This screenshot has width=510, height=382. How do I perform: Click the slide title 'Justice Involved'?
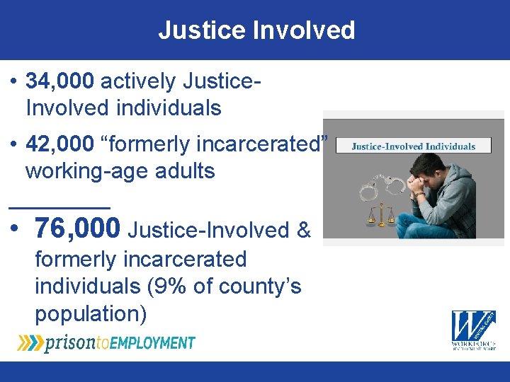256,30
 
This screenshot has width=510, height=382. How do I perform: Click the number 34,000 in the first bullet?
59,81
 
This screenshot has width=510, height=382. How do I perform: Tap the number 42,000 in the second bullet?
59,144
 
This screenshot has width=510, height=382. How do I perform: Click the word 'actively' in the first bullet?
138,81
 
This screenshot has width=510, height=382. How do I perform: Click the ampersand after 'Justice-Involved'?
304,230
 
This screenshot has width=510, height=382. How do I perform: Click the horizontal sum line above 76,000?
59,207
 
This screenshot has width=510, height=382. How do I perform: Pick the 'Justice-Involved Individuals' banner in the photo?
414,146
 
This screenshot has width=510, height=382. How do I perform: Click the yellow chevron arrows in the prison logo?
29,343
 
